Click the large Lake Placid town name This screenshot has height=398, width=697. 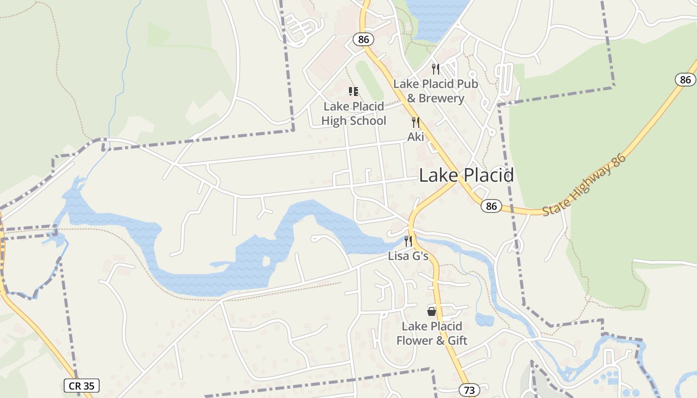[x=466, y=176]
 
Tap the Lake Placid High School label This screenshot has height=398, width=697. [x=353, y=113]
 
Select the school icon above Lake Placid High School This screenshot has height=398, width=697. [x=353, y=92]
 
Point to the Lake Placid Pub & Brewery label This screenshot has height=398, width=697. [x=436, y=91]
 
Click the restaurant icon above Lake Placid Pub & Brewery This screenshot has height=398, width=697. [x=436, y=69]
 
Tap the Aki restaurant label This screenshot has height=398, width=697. [x=416, y=137]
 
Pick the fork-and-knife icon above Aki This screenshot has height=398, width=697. [x=415, y=122]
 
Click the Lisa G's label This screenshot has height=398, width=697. [x=408, y=256]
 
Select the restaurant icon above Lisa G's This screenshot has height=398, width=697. [x=408, y=241]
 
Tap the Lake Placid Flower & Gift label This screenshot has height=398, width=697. [x=432, y=333]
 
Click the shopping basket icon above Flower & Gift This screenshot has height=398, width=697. [x=432, y=311]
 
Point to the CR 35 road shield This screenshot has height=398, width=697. [x=82, y=386]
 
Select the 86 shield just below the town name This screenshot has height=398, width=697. [x=491, y=206]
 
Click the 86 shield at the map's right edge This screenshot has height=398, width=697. [x=686, y=80]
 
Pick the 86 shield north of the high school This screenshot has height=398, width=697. [x=363, y=39]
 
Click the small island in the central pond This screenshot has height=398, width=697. [x=266, y=261]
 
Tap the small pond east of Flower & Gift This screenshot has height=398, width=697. [x=484, y=319]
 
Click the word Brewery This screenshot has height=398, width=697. [x=441, y=98]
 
